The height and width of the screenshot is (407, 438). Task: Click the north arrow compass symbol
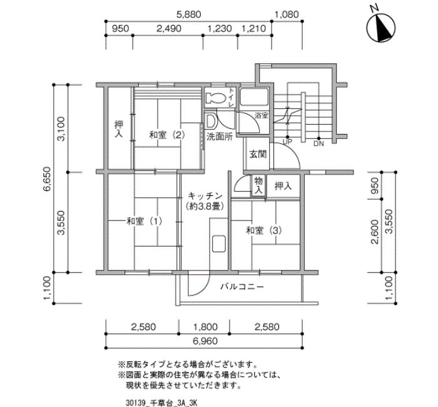tap(380, 27)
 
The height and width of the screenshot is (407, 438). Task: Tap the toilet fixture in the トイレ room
tap(216, 98)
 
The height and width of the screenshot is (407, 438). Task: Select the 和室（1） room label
tap(144, 222)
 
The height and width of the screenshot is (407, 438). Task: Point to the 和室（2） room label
tap(167, 135)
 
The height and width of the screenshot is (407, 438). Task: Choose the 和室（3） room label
tap(263, 230)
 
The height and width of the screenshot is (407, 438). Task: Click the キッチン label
tap(205, 195)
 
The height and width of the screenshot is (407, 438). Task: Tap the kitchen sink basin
tap(219, 244)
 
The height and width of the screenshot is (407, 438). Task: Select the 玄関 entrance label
tap(258, 154)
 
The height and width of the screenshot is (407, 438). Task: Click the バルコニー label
tap(242, 287)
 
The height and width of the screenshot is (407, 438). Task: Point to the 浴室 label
tap(262, 115)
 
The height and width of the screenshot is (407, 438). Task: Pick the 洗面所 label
tap(220, 137)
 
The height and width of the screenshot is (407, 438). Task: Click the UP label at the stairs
tap(287, 142)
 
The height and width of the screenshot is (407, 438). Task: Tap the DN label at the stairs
tap(318, 144)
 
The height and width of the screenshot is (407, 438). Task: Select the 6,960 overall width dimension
tap(205, 341)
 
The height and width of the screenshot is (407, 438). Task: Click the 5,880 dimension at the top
tap(188, 14)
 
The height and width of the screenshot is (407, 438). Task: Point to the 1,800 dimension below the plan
tap(205, 326)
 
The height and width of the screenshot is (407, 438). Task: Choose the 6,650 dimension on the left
tap(47, 178)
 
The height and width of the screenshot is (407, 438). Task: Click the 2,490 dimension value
tap(169, 29)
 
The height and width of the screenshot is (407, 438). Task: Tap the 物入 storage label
tap(258, 185)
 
